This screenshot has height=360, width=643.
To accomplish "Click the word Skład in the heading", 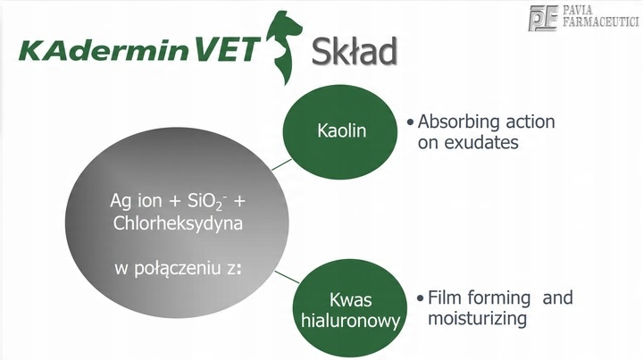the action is (x=355, y=51).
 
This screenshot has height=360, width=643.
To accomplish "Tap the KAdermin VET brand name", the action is (x=139, y=49).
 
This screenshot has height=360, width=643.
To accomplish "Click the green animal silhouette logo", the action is (x=284, y=47).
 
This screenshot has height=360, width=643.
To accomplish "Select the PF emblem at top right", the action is (x=543, y=18).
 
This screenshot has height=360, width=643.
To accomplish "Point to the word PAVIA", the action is (x=578, y=10).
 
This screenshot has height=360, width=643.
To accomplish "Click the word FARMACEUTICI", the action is (x=601, y=21).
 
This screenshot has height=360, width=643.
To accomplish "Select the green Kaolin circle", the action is (x=340, y=131).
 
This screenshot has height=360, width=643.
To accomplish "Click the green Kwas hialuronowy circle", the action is (x=350, y=307).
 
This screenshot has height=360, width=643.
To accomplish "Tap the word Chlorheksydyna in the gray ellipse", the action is (x=178, y=224).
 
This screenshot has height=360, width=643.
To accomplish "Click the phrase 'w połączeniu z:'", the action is (x=178, y=269).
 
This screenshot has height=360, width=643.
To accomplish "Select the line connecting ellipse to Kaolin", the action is (x=281, y=164).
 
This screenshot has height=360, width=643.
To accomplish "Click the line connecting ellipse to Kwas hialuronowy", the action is (x=287, y=277).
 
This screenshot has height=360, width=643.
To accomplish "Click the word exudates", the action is (x=481, y=142).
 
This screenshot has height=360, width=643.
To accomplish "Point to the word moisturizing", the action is (x=477, y=319).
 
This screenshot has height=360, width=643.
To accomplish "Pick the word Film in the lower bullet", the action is (x=444, y=297).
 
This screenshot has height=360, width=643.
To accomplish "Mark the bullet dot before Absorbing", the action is (x=410, y=122).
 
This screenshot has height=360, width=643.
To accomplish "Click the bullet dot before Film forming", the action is (x=420, y=298).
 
